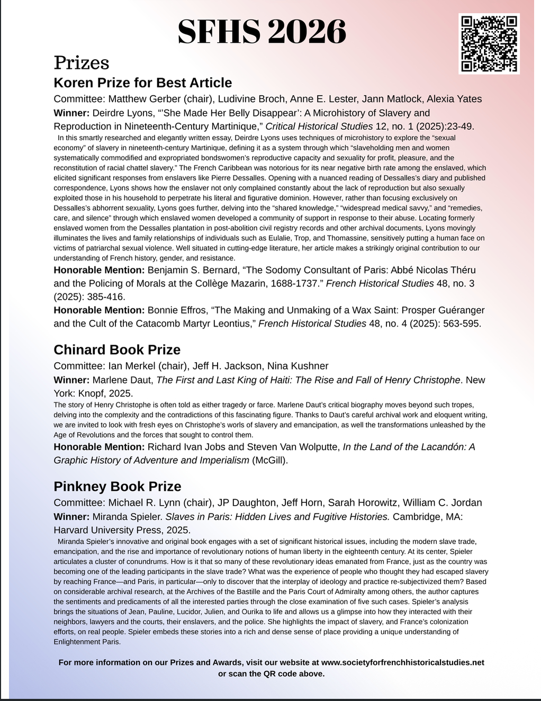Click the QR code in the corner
489,43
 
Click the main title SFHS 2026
262,32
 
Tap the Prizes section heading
82,62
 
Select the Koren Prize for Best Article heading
143,83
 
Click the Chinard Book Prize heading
117,350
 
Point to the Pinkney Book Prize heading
118,487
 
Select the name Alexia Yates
455,99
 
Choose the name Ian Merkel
132,366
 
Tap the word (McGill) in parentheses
269,460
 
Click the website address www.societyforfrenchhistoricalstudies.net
402,662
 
